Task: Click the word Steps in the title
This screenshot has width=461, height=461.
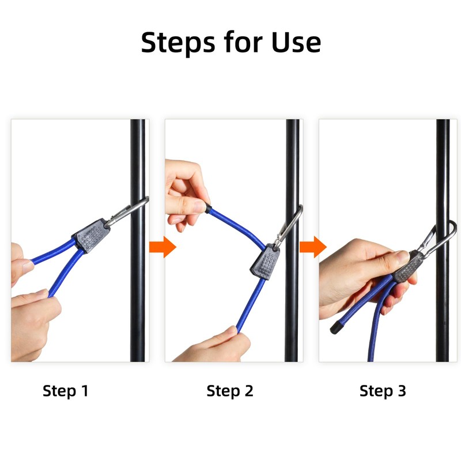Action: (178, 43)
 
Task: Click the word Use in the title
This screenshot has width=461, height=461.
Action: (296, 42)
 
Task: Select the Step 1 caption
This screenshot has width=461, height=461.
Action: (65, 391)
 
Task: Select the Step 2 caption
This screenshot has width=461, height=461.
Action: (229, 391)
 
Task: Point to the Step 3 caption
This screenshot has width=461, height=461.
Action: (383, 391)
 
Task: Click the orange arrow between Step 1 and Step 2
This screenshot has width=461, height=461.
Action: (163, 247)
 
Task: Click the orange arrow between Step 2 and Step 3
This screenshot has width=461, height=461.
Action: (313, 247)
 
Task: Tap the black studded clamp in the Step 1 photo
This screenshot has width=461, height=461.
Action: (92, 235)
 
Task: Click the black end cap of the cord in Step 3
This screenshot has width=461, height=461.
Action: (337, 327)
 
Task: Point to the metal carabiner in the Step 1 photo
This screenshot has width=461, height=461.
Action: (126, 211)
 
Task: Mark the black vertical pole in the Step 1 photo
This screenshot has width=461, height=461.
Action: (138, 240)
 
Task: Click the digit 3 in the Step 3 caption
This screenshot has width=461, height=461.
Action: (402, 391)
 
